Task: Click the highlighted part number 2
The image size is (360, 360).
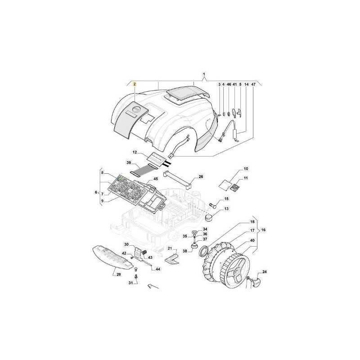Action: (x=135, y=84)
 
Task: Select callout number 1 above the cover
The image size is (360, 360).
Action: (x=204, y=74)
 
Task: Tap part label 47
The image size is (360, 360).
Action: (x=253, y=85)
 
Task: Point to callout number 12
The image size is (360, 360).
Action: (x=135, y=152)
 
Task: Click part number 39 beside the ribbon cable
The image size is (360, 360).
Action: (x=129, y=162)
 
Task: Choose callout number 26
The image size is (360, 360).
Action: (x=201, y=177)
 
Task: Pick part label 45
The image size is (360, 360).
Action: (x=156, y=179)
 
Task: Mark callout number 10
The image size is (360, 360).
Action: (x=246, y=169)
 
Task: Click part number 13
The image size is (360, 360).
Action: (x=227, y=209)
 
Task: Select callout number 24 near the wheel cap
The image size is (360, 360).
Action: (x=265, y=272)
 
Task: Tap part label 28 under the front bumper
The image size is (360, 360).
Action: (x=119, y=274)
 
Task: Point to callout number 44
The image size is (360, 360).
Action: (x=158, y=269)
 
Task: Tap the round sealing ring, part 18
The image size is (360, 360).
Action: (x=203, y=251)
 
